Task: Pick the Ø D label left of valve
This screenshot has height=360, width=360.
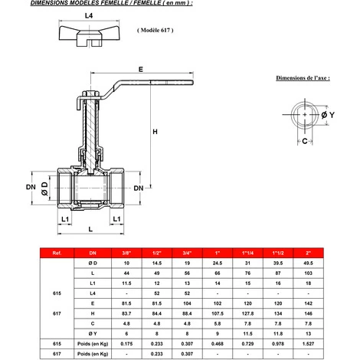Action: [x=45, y=188]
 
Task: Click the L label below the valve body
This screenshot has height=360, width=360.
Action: [x=89, y=229]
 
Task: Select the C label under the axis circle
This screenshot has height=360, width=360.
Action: [x=305, y=142]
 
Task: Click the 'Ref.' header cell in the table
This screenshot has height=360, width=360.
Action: [x=57, y=252]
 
